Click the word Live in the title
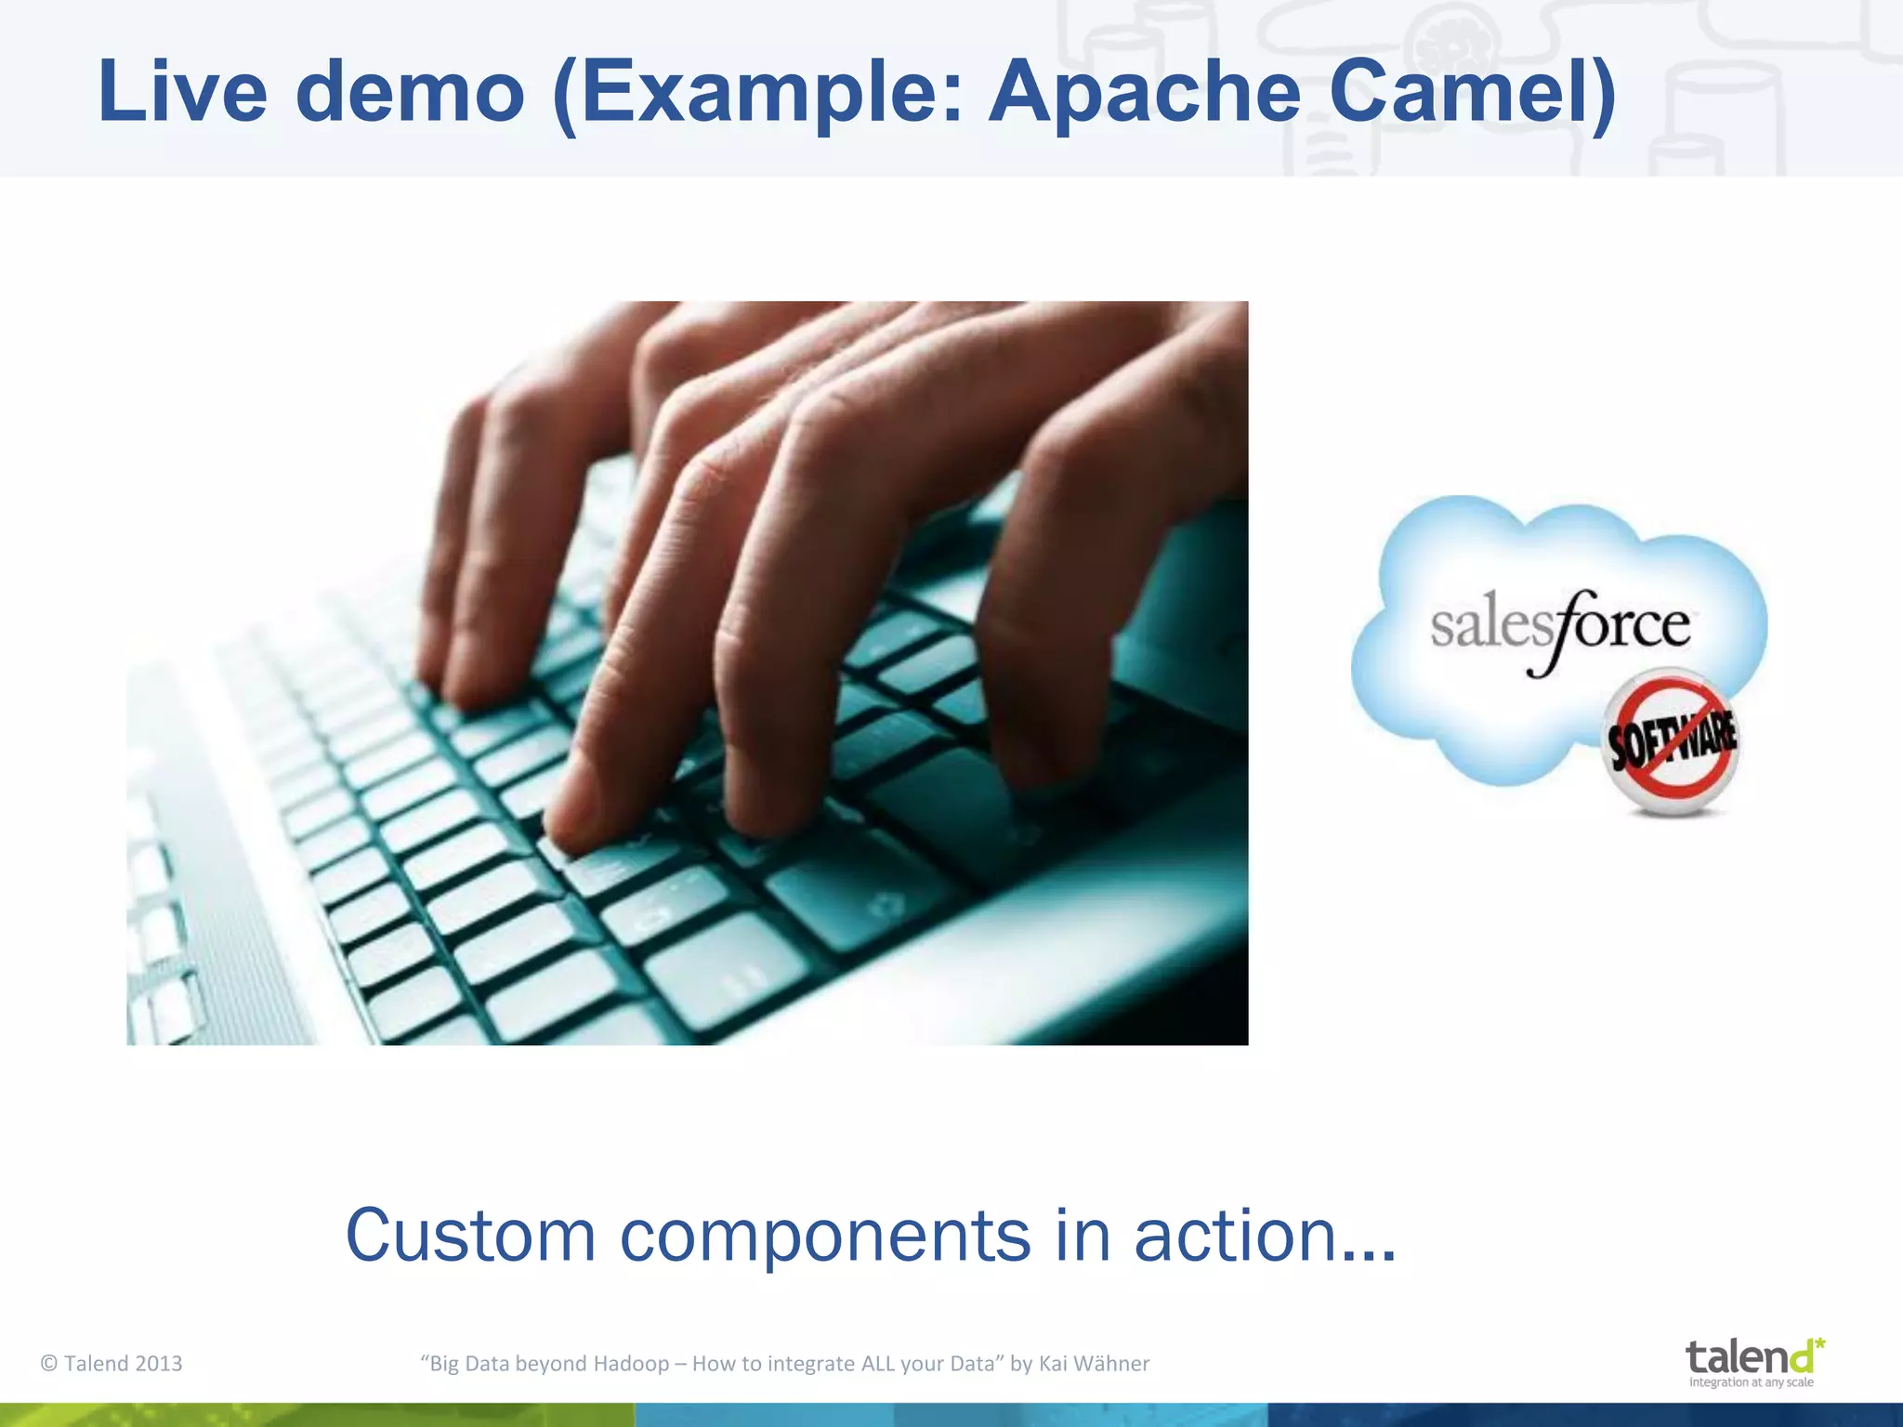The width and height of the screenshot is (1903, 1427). tap(182, 92)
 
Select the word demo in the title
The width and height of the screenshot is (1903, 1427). tap(410, 92)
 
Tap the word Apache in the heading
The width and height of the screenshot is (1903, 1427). tap(1145, 92)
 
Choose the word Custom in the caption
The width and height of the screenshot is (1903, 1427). tap(470, 1236)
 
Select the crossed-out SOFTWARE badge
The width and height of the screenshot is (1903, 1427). tap(1671, 740)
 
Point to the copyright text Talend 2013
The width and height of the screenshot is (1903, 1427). tap(112, 1363)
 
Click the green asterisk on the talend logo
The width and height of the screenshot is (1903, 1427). tap(1819, 1343)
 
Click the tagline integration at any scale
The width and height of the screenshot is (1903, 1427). tap(1751, 1382)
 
